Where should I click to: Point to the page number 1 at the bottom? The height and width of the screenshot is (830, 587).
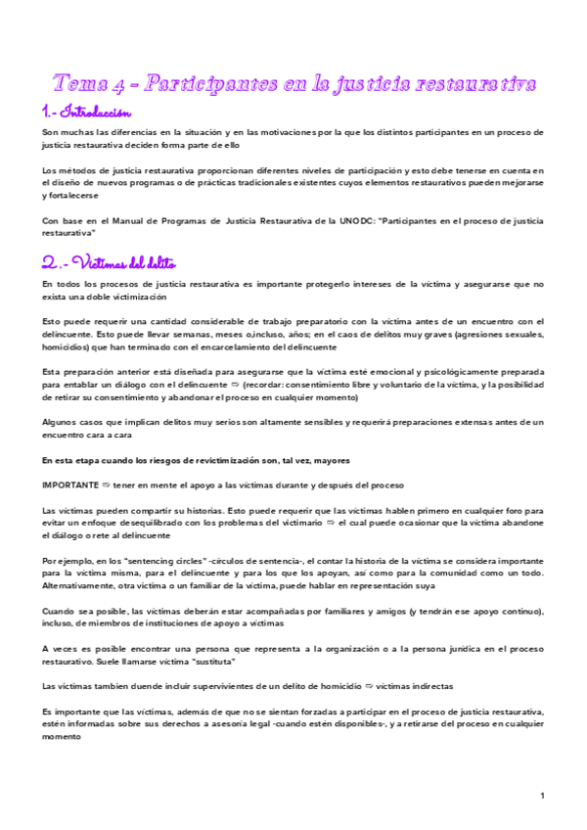click(541, 795)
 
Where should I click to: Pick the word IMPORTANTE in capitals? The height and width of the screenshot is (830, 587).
click(68, 484)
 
